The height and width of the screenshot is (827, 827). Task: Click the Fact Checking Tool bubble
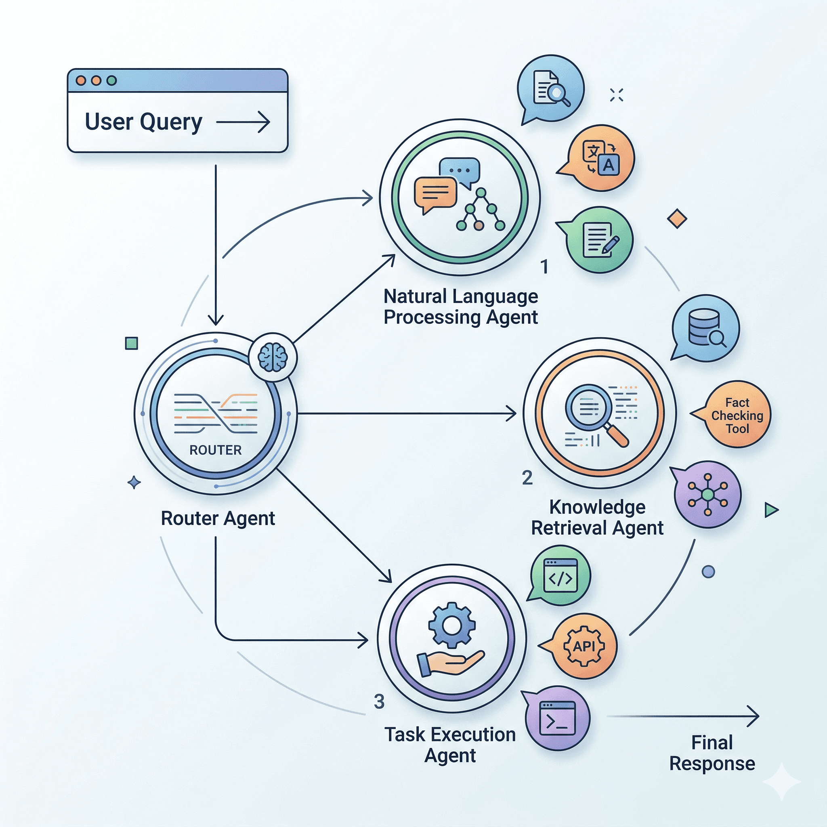(737, 415)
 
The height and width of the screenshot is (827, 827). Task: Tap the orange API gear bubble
(584, 646)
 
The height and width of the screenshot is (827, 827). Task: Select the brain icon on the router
(273, 357)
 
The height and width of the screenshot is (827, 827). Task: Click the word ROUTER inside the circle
(215, 450)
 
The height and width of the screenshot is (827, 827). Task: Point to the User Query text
(143, 122)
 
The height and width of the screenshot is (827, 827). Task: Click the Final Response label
(712, 754)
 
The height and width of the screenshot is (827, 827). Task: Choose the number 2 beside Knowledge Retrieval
(527, 478)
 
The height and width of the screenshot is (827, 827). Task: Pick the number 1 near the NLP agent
(544, 267)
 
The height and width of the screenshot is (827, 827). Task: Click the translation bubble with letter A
(601, 158)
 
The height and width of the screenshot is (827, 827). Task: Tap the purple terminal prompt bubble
(557, 719)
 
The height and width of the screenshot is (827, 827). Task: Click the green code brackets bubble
(560, 576)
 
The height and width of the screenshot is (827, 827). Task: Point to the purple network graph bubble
(707, 495)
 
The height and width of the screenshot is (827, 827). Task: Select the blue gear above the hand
(451, 625)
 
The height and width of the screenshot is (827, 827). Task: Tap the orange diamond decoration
(677, 219)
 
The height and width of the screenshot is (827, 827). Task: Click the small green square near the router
(131, 343)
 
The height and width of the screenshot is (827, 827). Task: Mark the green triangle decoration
(771, 510)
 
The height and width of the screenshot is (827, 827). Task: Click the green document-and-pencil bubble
(599, 240)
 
